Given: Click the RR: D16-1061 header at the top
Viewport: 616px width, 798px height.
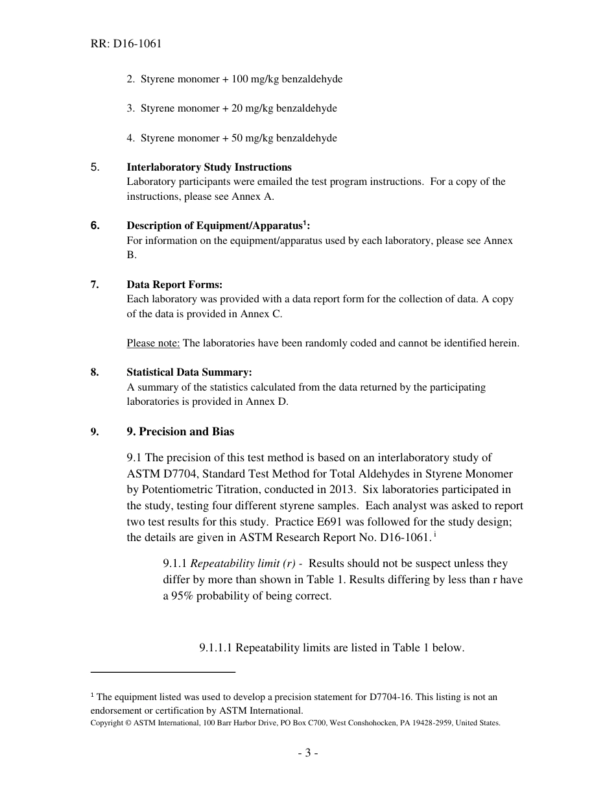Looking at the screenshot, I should (126, 44).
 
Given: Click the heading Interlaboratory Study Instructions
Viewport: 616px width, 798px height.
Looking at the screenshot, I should (209, 167).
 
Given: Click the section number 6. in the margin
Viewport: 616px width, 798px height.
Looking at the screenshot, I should (95, 226).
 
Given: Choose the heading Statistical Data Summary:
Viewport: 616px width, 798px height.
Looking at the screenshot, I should (189, 372).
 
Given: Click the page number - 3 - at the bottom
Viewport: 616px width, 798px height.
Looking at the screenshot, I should (307, 753).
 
